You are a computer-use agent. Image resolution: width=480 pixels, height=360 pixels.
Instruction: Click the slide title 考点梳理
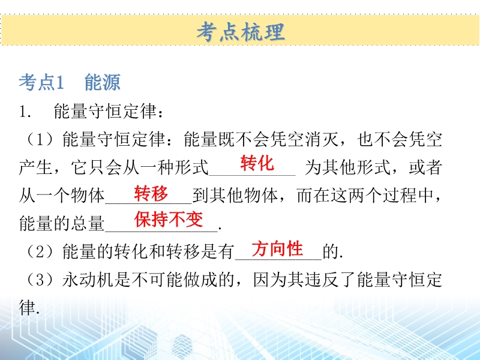click(241, 32)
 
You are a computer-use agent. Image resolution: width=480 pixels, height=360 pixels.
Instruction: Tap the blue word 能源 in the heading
click(103, 82)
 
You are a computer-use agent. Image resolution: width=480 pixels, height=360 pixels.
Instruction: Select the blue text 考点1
click(41, 82)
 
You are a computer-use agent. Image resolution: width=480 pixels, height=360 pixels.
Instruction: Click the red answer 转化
click(257, 163)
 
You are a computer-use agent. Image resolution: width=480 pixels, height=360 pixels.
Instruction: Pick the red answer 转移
click(151, 193)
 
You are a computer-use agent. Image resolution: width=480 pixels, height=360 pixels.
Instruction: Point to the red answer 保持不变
click(169, 219)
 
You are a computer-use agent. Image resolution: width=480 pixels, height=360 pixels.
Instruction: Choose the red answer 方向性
click(277, 248)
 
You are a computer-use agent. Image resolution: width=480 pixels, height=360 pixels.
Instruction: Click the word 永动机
click(88, 280)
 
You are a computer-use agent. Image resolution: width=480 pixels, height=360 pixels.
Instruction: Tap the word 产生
click(35, 167)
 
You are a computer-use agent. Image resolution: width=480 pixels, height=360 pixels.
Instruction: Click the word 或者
click(425, 167)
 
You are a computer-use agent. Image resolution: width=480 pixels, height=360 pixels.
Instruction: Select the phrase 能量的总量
click(62, 223)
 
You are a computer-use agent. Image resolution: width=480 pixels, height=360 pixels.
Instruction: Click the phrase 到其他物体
click(235, 196)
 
